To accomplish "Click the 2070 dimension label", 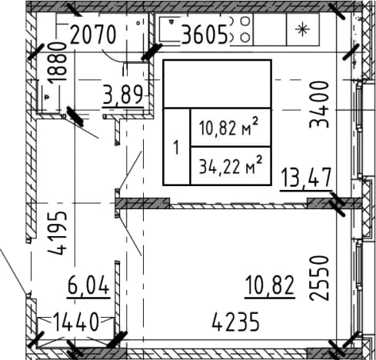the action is tap(93, 35).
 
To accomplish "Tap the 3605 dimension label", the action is tap(205, 35).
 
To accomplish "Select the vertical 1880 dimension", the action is tap(57, 63).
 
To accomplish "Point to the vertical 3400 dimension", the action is tap(318, 105).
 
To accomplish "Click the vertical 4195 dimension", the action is tap(58, 233).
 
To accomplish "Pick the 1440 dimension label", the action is tap(76, 322).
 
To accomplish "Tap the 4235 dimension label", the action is tap(236, 322).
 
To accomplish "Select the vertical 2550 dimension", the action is tap(318, 278).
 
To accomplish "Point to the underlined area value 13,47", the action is tap(306, 178).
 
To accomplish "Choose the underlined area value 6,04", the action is tap(88, 286).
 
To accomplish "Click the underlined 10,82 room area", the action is tap(270, 286).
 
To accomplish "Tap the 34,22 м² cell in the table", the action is tap(231, 165).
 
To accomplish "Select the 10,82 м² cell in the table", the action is tap(231, 128).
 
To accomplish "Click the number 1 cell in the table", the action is tap(176, 147).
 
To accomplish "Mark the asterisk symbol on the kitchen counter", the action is tap(302, 29).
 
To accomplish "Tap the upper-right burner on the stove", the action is tap(245, 21).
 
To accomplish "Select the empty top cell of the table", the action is tap(217, 84).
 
